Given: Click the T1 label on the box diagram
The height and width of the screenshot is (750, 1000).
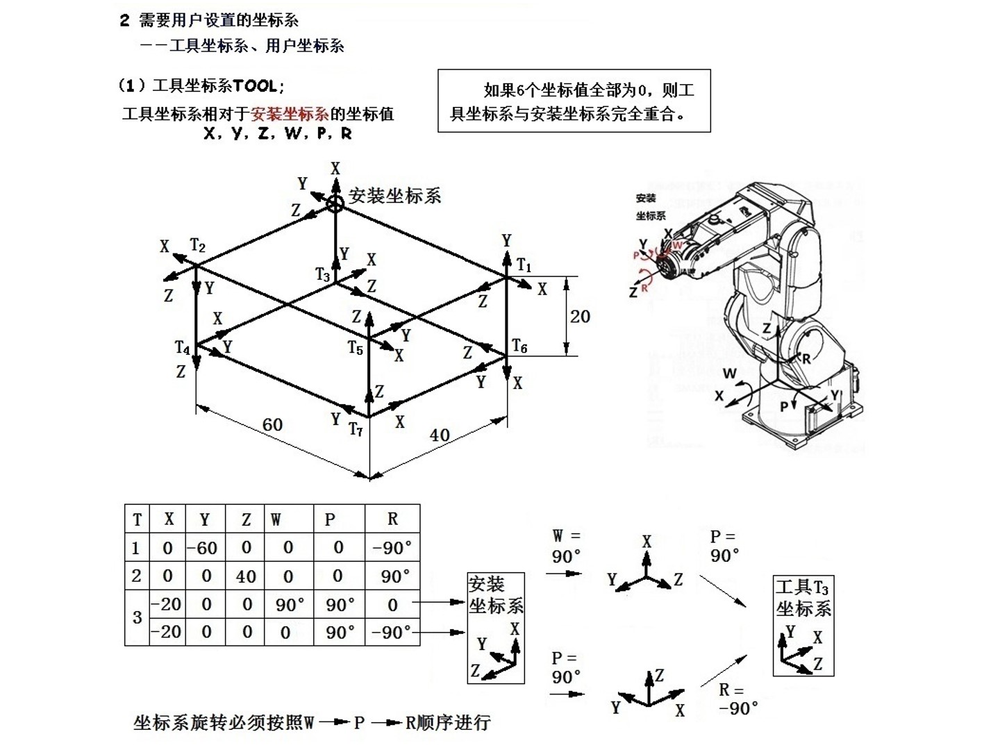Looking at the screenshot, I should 524,266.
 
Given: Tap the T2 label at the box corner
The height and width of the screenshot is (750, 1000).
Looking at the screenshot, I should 198,246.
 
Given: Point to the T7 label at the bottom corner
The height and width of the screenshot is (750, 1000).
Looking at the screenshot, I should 356,430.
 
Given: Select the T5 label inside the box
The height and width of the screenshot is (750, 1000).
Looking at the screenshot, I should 356,347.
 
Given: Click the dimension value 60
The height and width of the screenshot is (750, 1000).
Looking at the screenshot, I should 272,424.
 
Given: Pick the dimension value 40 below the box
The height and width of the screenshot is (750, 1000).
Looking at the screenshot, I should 440,435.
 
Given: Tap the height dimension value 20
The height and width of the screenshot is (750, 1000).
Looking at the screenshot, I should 580,317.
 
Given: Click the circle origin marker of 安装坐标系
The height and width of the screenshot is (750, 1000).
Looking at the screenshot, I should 335,203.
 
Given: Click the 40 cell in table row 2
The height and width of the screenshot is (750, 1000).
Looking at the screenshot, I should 246,576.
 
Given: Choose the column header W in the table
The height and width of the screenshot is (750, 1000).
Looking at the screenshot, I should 276,519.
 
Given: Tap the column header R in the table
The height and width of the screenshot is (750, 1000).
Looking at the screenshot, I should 392,519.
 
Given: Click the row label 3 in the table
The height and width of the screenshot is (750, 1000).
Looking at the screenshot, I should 137,617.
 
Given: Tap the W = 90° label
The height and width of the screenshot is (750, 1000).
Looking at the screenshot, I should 566,547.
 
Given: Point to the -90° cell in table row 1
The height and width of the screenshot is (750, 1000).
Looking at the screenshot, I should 392,548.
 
